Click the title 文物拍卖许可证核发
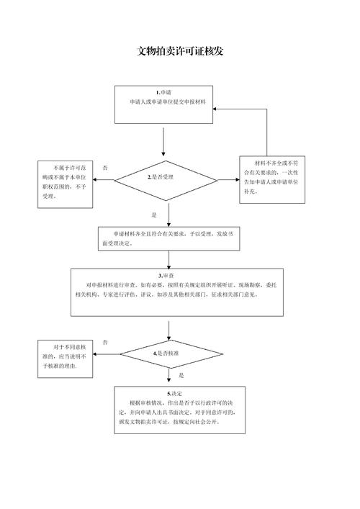pos(179,52)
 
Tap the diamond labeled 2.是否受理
pos(166,177)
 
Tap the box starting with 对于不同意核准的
pos(65,356)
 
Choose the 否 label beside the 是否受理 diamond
pos(107,167)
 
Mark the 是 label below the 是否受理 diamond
pos(154,215)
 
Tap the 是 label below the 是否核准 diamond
pos(181,375)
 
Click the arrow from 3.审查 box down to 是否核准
pos(169,328)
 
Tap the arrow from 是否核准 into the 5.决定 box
pos(169,377)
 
